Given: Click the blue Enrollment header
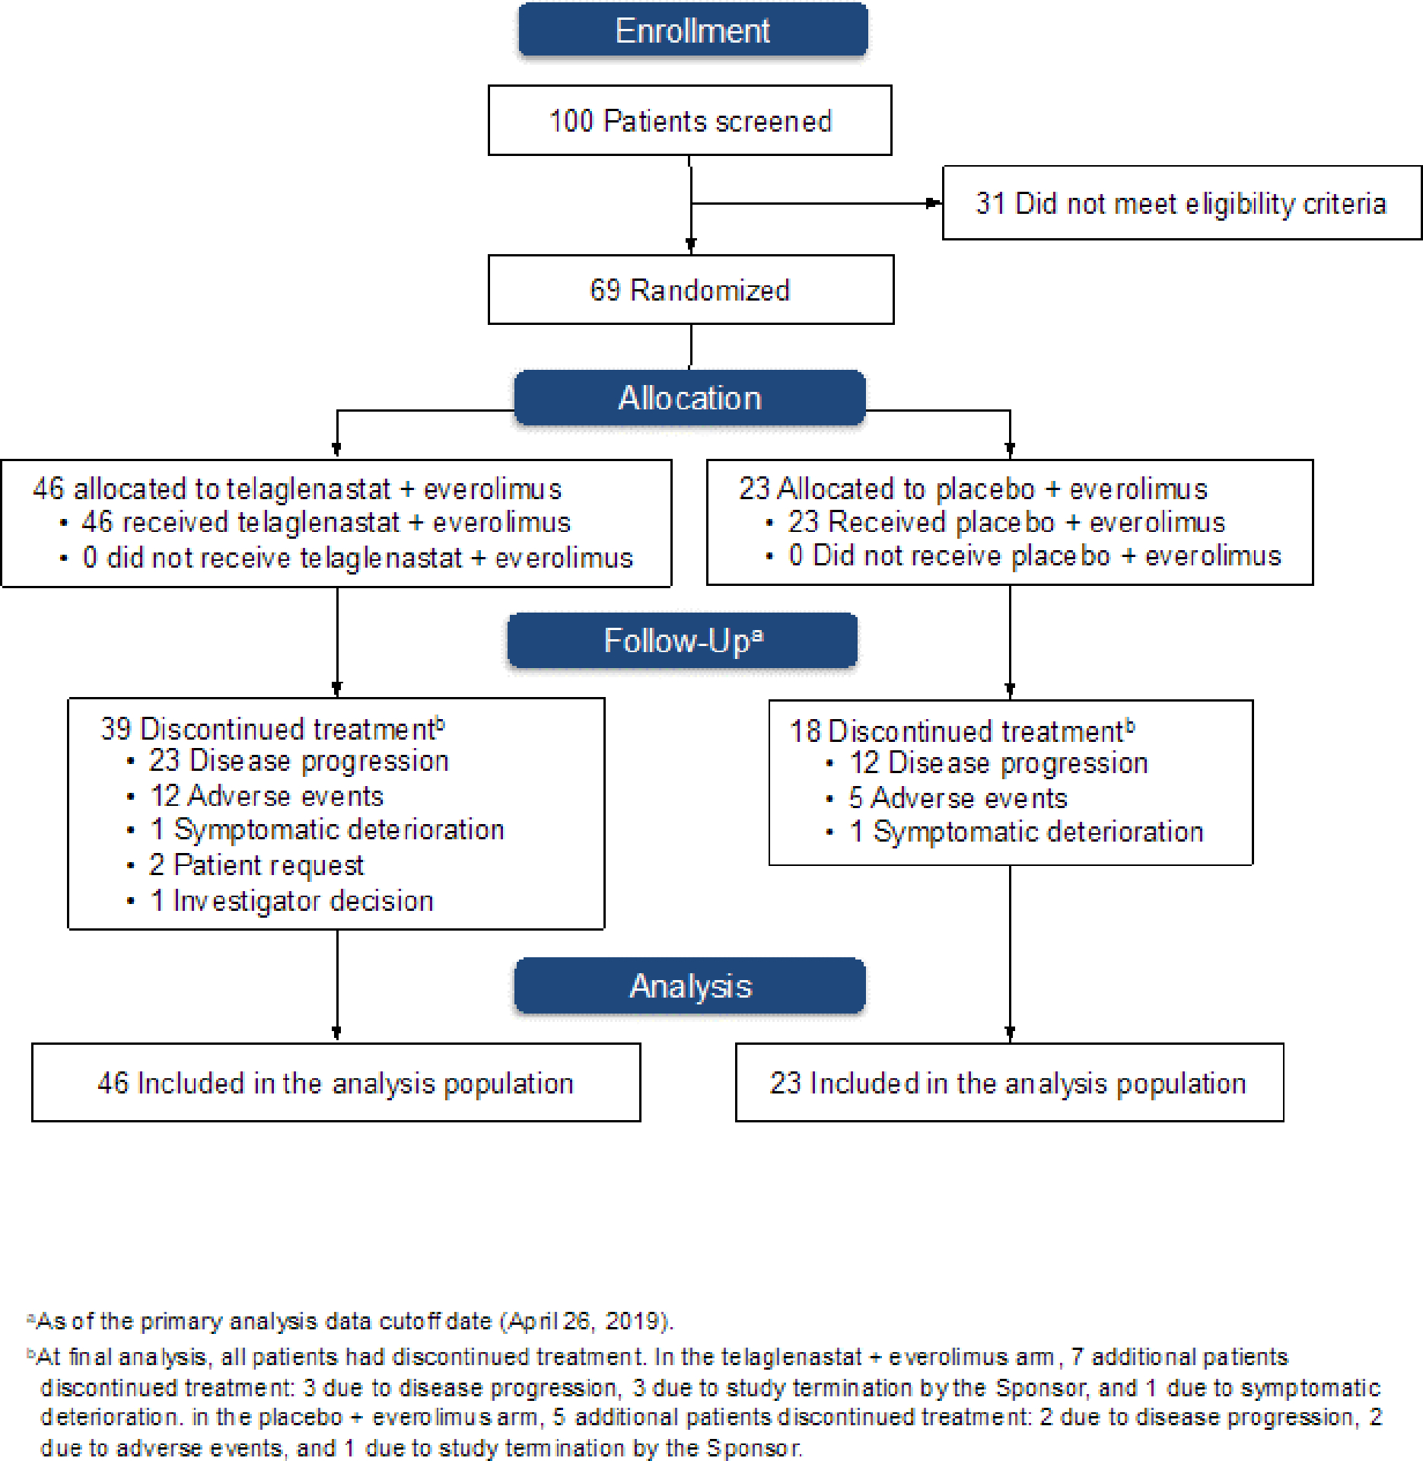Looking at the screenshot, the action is click(x=692, y=30).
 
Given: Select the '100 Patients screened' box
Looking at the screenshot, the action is click(x=689, y=120).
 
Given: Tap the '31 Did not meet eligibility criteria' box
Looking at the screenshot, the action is click(x=1182, y=203).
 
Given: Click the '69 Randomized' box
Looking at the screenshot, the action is click(x=690, y=290).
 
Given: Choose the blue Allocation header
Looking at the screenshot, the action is click(x=689, y=398).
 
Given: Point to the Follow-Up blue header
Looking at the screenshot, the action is click(x=683, y=641).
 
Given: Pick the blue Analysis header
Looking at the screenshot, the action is click(x=690, y=986).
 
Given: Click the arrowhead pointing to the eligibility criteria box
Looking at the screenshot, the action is click(x=934, y=203).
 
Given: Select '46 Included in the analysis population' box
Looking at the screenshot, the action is click(x=336, y=1082).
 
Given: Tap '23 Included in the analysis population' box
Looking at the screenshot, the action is click(x=1009, y=1082).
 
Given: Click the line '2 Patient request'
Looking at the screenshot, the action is click(x=256, y=865).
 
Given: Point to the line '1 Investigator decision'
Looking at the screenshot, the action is click(x=292, y=901).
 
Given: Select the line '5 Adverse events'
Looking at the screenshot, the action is click(x=958, y=798).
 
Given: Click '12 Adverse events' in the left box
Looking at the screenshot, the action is click(x=266, y=796).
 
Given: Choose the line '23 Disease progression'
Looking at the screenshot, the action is click(x=299, y=761).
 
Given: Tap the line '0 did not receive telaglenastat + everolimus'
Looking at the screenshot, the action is click(x=358, y=558).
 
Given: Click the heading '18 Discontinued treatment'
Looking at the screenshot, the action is click(x=963, y=730).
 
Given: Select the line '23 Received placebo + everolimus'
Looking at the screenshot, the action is click(x=1007, y=522).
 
